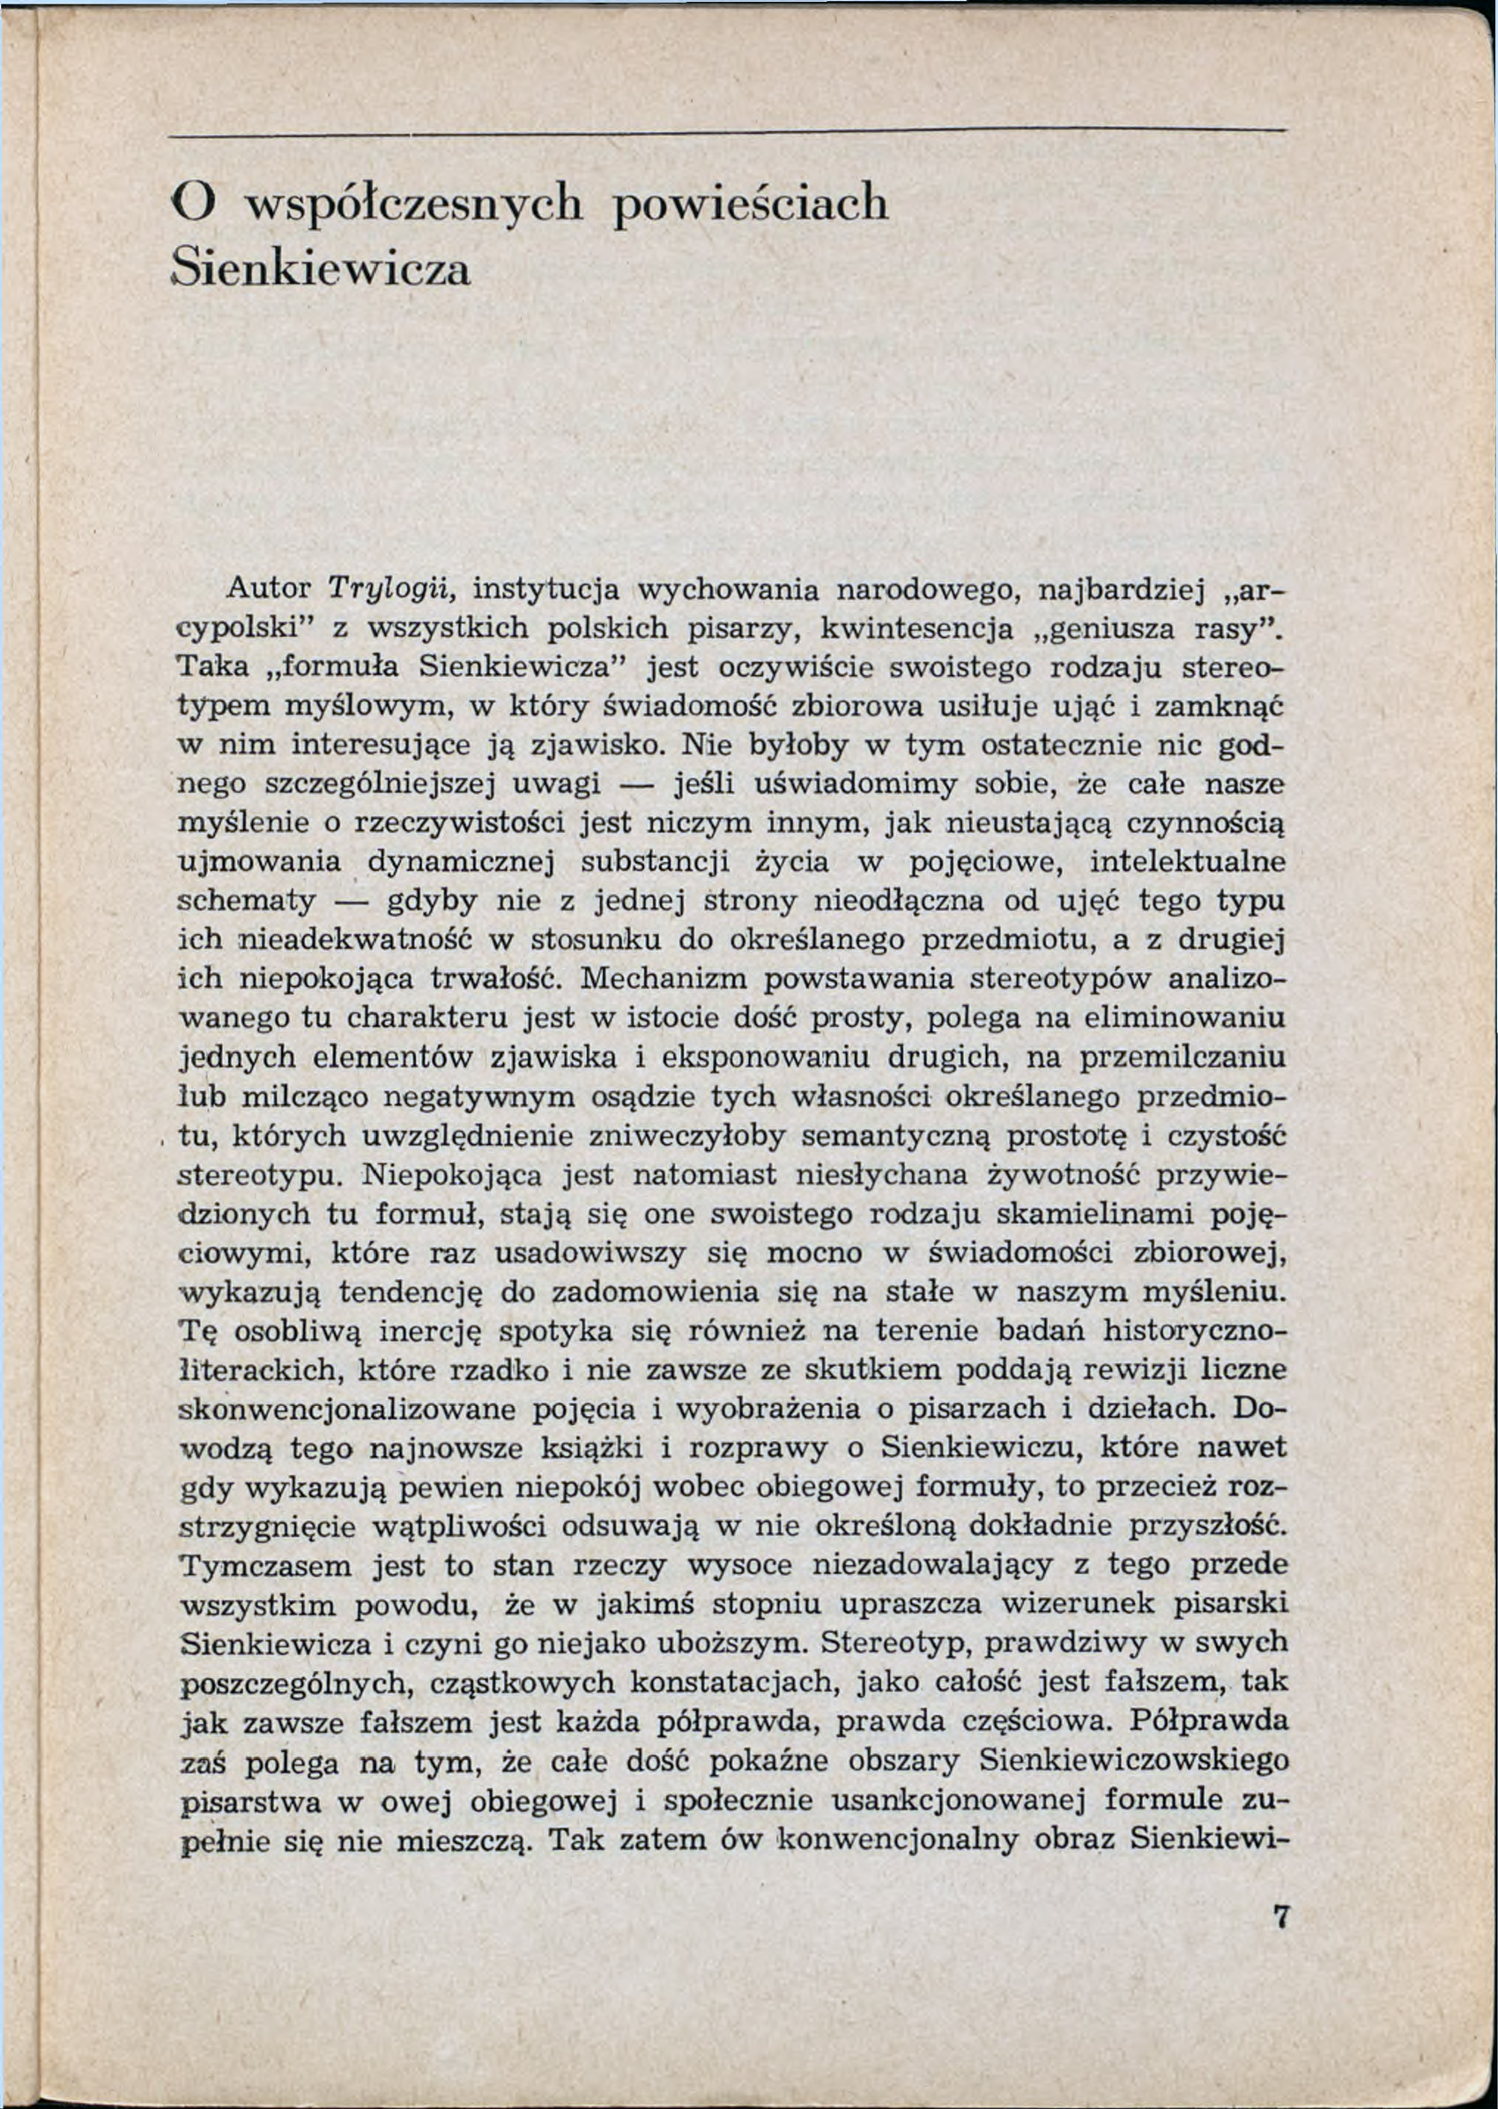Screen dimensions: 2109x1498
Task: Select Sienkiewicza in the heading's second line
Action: coord(322,270)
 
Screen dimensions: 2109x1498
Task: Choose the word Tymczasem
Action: coord(265,1566)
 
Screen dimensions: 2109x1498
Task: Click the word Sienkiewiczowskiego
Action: coord(1132,1761)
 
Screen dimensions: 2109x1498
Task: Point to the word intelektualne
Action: coord(1187,861)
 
